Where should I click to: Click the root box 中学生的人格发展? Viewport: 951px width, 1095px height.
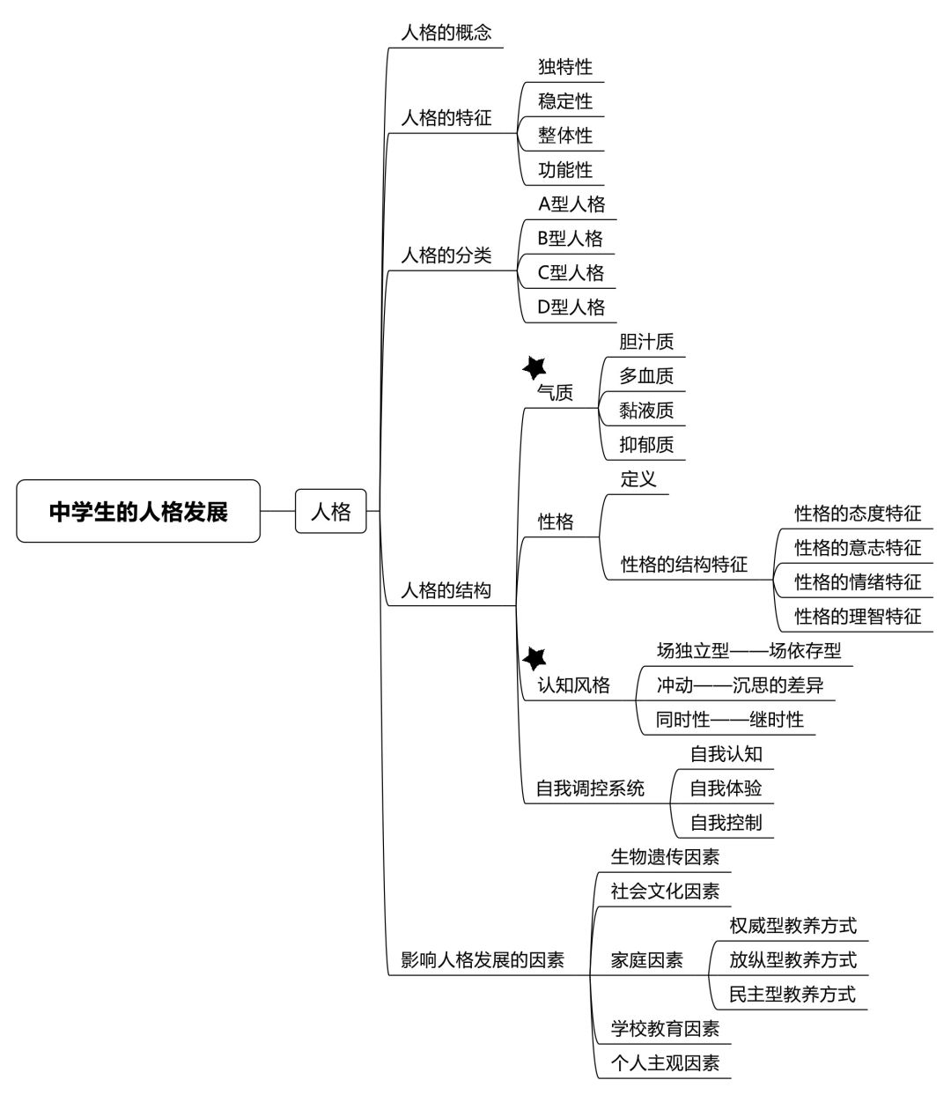coord(138,511)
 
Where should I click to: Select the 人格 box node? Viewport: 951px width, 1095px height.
coord(330,511)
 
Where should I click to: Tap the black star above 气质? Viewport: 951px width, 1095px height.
coord(534,368)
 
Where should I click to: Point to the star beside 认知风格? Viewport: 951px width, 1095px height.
coord(534,659)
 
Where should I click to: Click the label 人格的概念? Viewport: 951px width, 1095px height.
coord(446,33)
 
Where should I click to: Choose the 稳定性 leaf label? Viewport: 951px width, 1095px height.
coord(565,101)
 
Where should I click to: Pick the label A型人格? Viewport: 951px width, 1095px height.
coord(571,203)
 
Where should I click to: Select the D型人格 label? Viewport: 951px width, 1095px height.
coord(571,307)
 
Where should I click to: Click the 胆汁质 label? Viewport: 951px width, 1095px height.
coord(646,342)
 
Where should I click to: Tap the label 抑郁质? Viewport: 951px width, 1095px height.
coord(646,445)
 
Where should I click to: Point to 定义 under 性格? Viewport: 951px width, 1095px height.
coord(638,479)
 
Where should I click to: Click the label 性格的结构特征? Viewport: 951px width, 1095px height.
coord(684,564)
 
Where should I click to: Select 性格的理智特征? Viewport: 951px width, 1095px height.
coord(858,617)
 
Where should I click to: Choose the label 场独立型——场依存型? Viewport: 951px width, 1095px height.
coord(748,651)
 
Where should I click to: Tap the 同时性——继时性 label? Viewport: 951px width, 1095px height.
coord(730,720)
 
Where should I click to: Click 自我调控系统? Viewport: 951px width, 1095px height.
coord(591,788)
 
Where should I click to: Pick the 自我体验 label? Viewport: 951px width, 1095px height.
coord(726,788)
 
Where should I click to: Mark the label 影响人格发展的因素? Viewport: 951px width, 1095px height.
coord(483,960)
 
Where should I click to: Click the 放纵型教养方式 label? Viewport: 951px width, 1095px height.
coord(792,960)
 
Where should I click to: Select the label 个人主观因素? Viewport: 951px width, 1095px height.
coord(665,1063)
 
